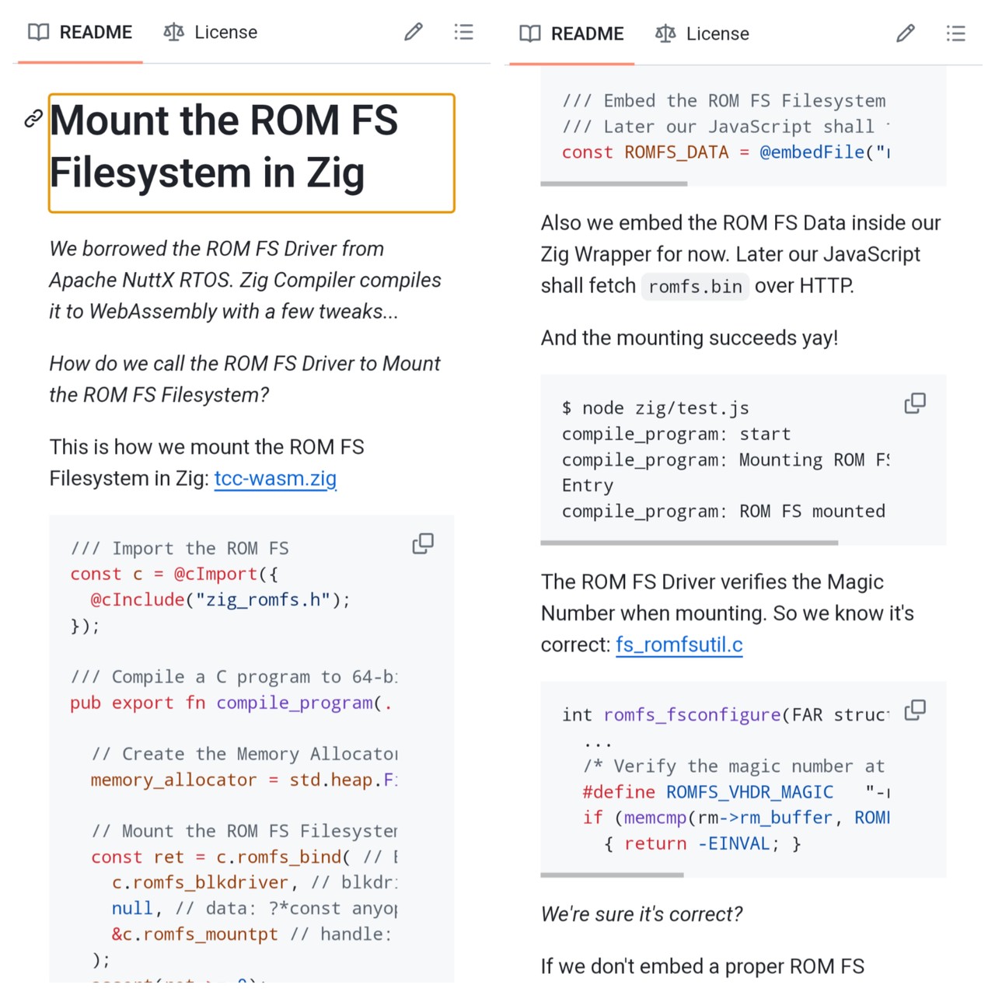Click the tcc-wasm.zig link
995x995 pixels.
coord(275,479)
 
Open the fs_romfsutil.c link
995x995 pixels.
coord(679,645)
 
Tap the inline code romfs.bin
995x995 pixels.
coord(695,287)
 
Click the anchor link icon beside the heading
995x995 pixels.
coord(33,119)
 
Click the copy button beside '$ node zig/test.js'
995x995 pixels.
coord(915,403)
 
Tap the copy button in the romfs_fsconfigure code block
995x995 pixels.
coord(915,710)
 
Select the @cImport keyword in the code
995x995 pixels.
coord(215,574)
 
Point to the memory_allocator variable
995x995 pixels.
coord(173,780)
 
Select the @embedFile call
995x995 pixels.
coord(812,152)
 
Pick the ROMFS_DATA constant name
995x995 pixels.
coord(676,152)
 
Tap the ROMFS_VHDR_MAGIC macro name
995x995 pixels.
coord(749,792)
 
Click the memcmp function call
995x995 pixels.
coord(655,818)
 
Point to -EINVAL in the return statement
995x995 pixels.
coord(733,844)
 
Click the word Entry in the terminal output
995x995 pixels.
coord(588,486)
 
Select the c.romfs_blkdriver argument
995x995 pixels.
coord(200,883)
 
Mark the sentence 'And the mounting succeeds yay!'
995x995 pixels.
coord(690,338)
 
